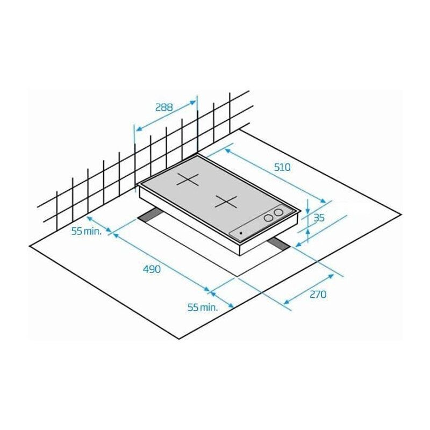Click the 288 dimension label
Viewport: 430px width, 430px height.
pos(164,106)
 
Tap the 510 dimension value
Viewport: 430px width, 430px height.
pos(282,167)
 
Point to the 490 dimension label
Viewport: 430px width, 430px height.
pos(152,269)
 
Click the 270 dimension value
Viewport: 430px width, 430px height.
pos(318,294)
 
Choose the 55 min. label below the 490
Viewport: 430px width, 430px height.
pos(202,307)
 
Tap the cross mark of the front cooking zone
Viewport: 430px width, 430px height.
pos(225,202)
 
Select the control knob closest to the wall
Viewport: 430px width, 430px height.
pos(278,213)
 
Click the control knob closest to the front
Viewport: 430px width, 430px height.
pos(268,218)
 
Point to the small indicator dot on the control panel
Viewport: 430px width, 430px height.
pos(240,233)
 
